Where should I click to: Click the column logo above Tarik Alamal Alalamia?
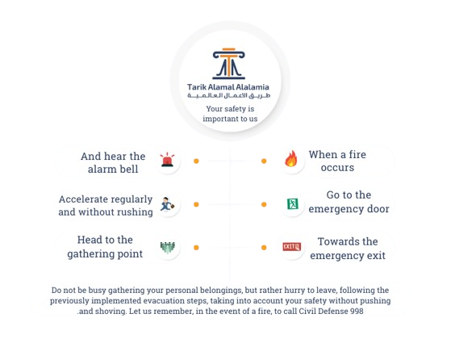point(228,64)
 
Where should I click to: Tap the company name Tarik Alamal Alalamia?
point(228,87)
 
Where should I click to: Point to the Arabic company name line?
point(228,95)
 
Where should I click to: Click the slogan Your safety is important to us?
point(230,114)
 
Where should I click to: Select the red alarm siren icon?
point(167,160)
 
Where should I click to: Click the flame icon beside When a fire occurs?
point(291,158)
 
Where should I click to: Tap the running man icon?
point(167,204)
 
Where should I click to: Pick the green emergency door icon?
point(293,204)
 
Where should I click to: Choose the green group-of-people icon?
point(167,248)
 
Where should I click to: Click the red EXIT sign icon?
point(291,247)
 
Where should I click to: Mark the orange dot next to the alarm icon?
point(196,161)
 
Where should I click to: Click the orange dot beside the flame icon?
point(264,161)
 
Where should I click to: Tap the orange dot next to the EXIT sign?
point(264,248)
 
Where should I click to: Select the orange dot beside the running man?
point(196,204)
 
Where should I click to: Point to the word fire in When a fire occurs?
point(357,154)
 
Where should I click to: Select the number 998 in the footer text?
point(357,311)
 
